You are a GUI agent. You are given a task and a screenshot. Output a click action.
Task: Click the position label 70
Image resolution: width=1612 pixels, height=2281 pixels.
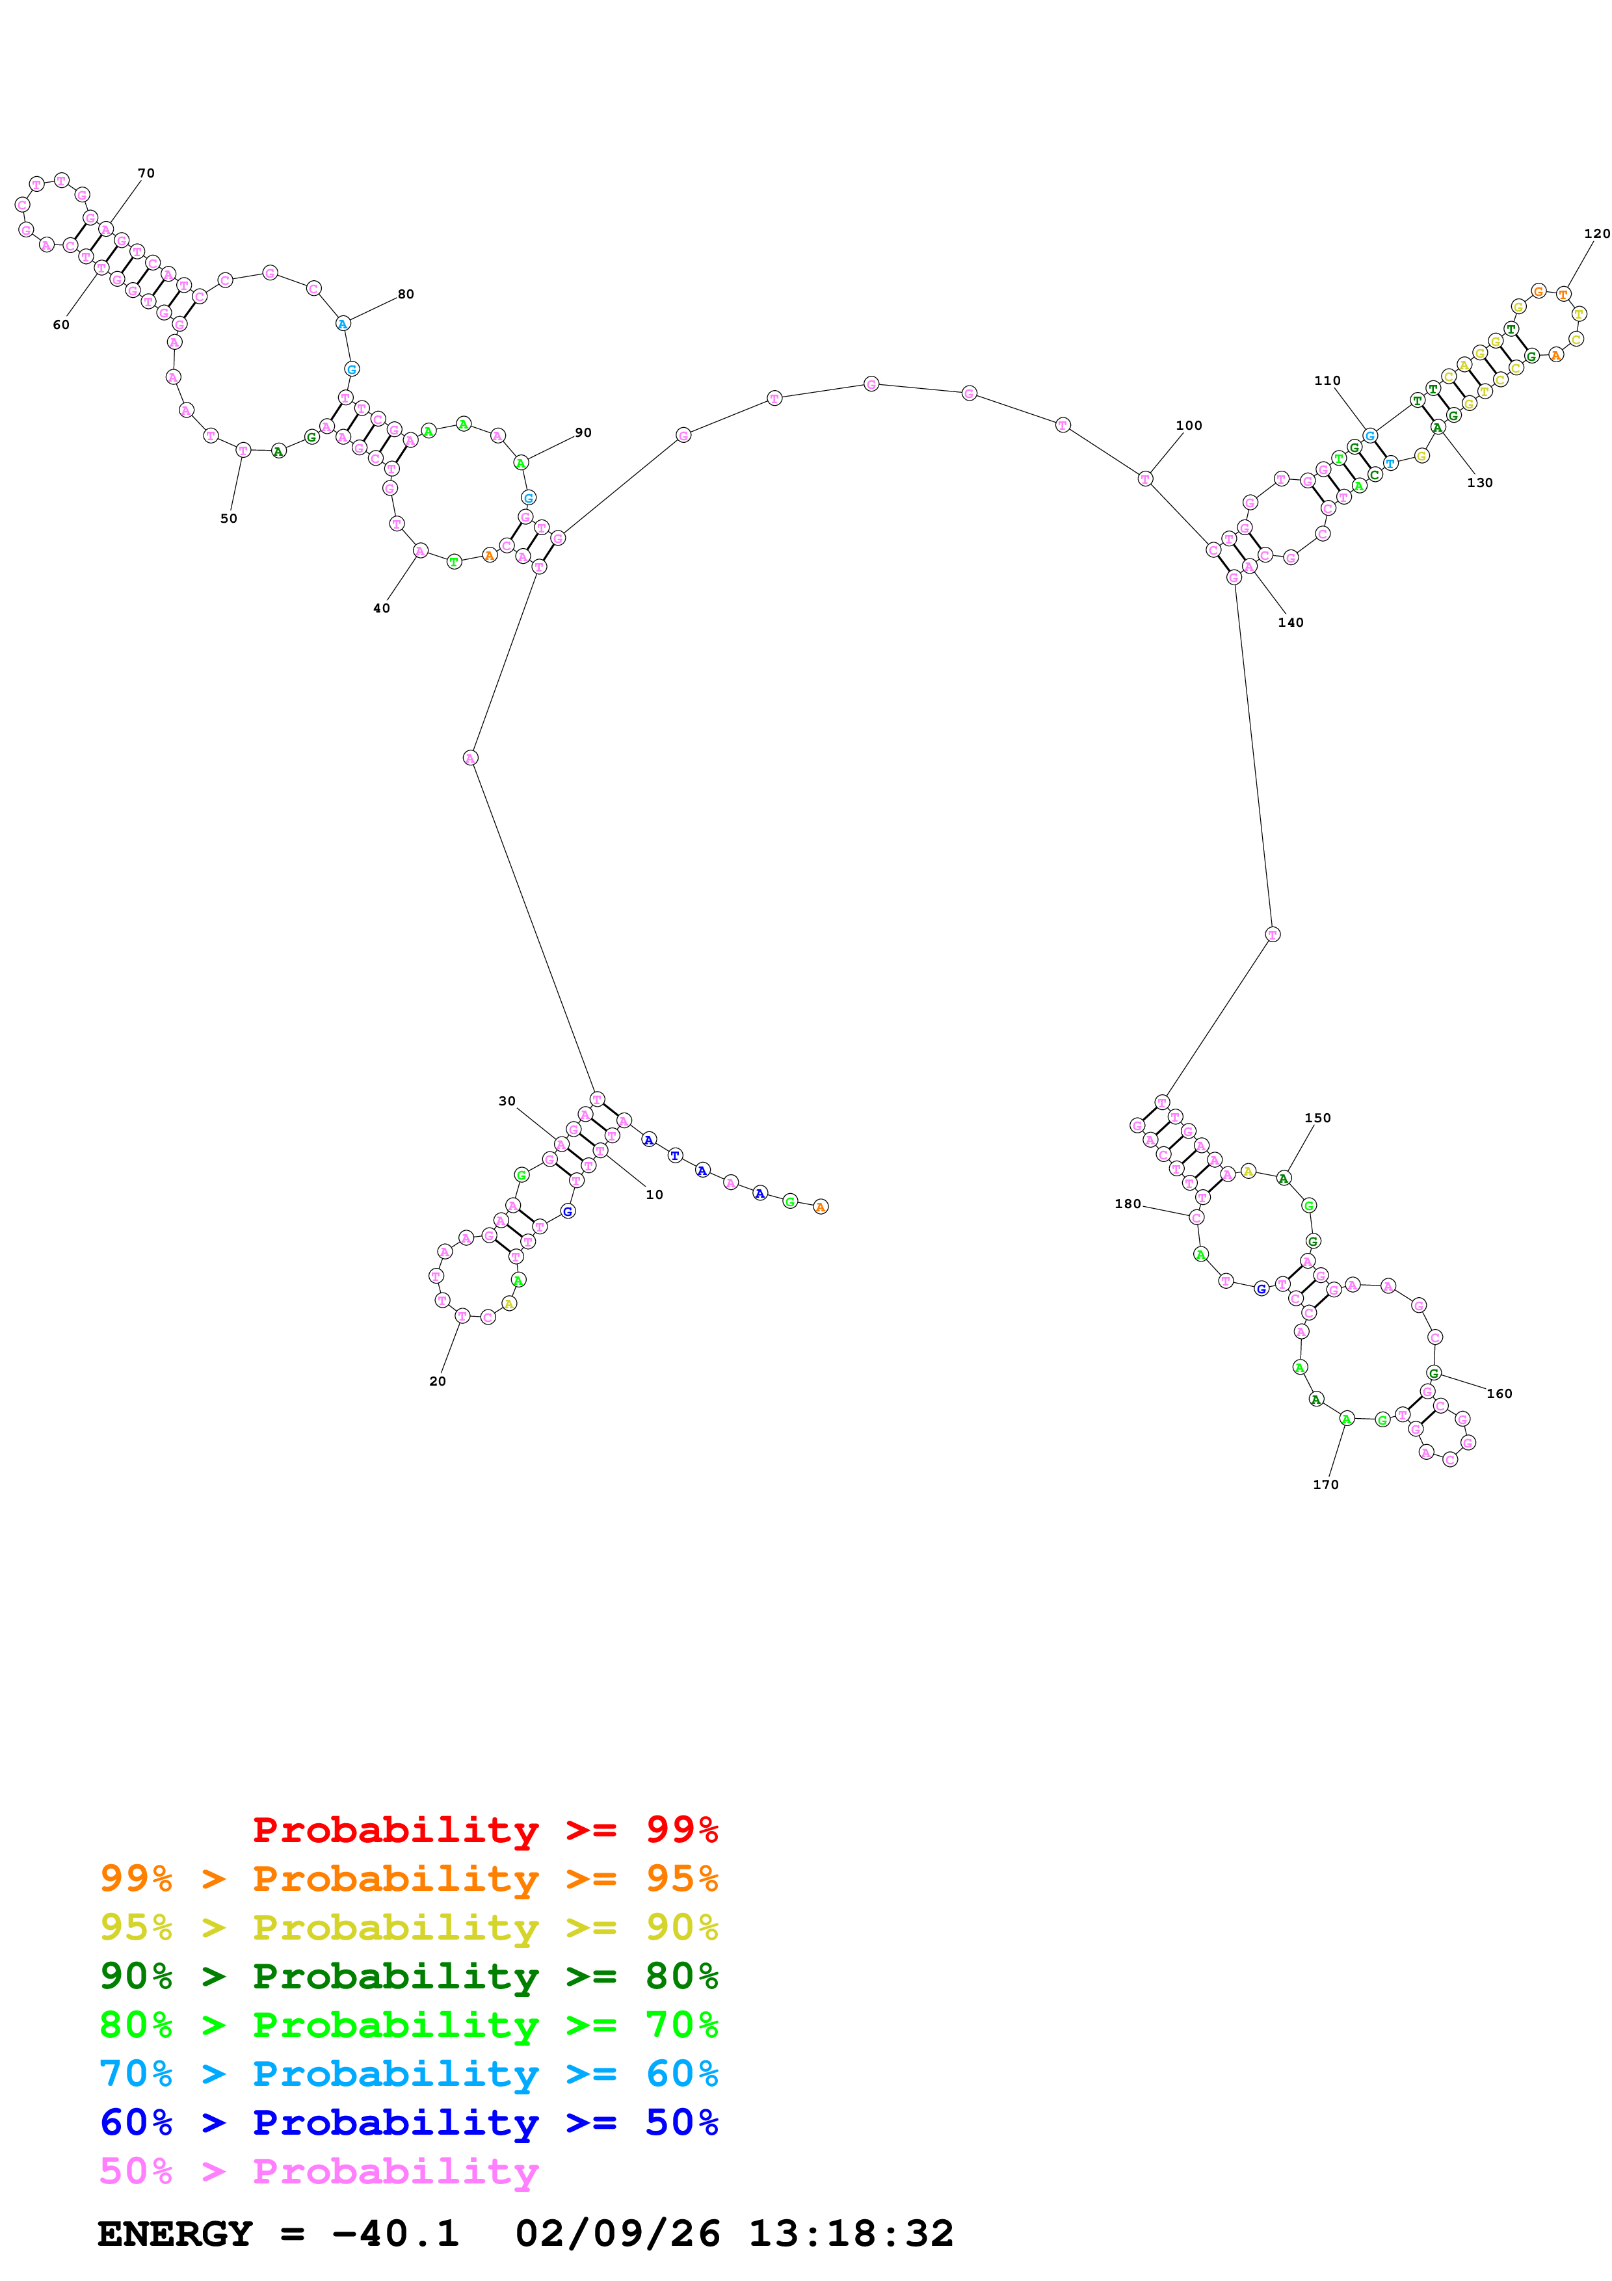[146, 173]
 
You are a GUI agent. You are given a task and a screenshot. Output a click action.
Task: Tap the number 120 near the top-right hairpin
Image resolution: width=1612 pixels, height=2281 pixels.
[1596, 233]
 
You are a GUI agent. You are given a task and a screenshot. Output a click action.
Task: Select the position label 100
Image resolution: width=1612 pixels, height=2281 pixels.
[1188, 425]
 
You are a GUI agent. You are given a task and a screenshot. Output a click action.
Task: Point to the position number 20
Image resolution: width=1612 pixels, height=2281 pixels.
[437, 1381]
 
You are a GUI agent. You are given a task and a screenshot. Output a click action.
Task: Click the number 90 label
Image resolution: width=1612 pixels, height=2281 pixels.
[583, 432]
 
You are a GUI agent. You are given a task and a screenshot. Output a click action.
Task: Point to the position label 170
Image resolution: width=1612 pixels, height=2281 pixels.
[1325, 1484]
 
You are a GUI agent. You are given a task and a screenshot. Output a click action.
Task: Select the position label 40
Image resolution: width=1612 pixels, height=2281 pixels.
[382, 608]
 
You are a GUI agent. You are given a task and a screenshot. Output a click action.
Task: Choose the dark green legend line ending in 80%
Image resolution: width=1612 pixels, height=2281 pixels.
[408, 1976]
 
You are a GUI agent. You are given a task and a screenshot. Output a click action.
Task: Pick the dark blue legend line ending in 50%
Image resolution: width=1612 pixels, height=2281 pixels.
[408, 2122]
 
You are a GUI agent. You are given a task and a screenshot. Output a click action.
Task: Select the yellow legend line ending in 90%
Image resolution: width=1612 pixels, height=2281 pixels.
[408, 1927]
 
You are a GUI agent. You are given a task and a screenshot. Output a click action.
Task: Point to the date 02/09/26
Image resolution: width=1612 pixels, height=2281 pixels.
[617, 2234]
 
